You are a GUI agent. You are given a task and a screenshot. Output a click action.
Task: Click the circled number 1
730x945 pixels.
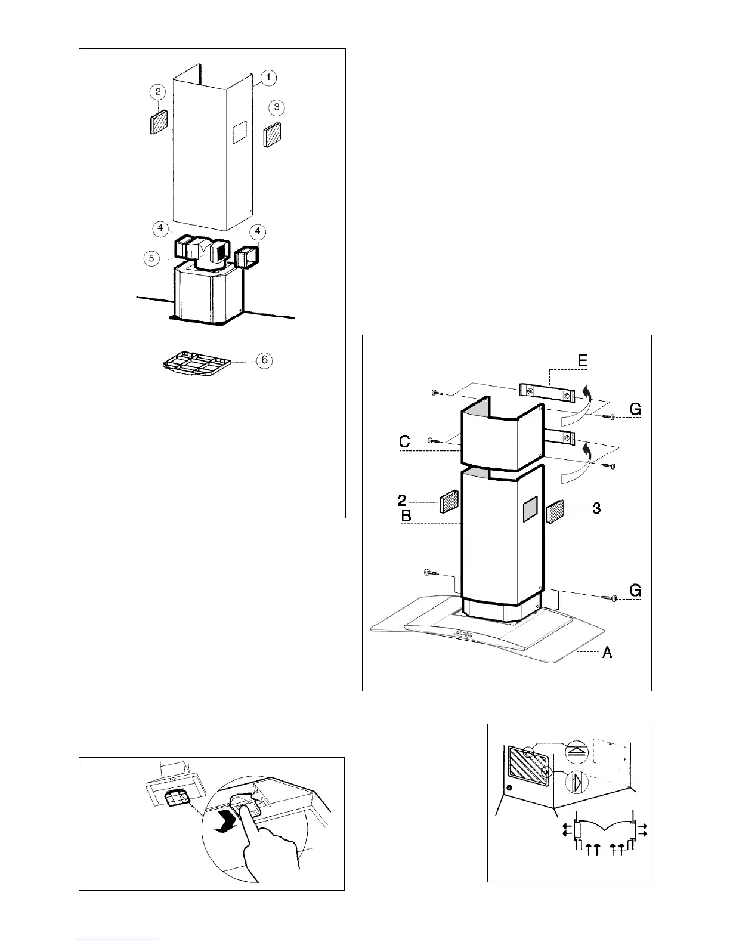click(x=268, y=78)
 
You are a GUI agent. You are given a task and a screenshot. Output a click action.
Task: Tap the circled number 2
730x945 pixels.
click(x=157, y=92)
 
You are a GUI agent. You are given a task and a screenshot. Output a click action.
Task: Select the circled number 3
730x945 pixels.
click(x=276, y=107)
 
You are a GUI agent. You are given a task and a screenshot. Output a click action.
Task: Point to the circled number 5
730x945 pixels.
click(x=152, y=258)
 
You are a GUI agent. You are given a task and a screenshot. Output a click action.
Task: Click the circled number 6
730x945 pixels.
click(x=264, y=360)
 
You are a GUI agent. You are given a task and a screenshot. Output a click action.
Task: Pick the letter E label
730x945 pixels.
click(x=582, y=361)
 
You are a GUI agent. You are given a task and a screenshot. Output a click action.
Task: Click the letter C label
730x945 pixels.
click(x=404, y=442)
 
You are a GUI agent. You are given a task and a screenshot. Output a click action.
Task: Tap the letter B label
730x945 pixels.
click(x=406, y=516)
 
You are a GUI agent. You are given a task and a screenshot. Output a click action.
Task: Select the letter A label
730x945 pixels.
click(x=607, y=653)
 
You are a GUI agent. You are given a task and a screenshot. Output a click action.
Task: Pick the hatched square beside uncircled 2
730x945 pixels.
click(x=448, y=502)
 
